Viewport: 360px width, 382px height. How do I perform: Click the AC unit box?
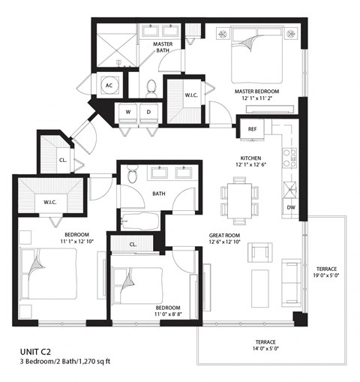click(x=109, y=85)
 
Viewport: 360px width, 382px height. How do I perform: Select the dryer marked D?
click(x=148, y=112)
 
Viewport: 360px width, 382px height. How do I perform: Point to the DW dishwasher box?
click(x=289, y=208)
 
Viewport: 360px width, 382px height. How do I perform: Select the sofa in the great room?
click(x=289, y=278)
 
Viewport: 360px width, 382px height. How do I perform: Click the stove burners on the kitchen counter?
click(x=289, y=157)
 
